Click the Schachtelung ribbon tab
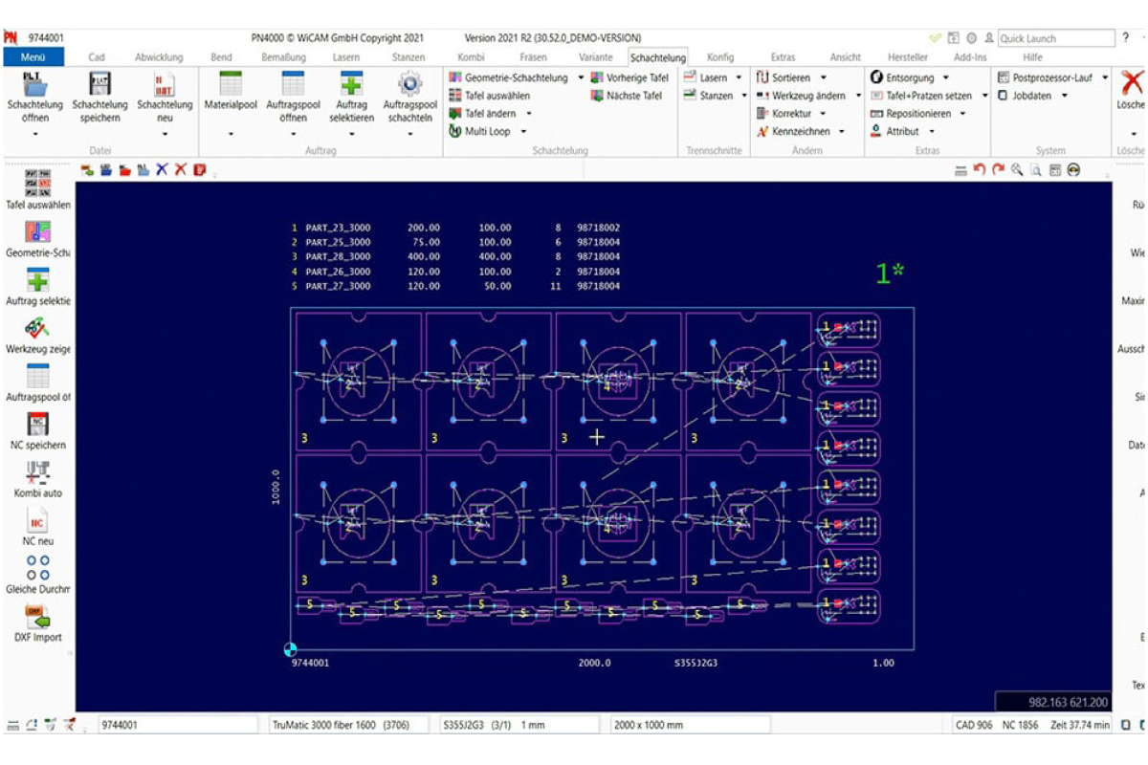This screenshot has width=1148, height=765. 657,57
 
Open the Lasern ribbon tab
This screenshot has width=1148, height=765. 345,57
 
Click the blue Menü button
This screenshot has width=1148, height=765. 33,57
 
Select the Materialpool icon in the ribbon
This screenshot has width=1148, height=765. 231,85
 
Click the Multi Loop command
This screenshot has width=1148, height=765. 487,131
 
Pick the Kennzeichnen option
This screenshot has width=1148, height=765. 801,131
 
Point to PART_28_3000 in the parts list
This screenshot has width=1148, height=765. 338,256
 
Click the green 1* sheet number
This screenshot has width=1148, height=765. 890,273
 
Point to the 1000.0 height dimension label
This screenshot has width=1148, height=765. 276,487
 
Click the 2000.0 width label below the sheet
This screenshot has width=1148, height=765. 594,663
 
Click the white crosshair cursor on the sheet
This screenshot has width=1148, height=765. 597,437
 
